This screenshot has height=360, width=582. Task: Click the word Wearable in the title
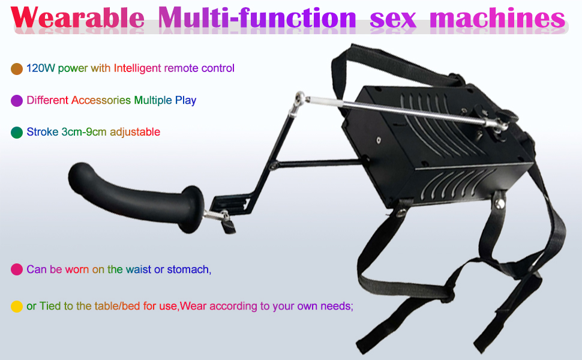point(77,17)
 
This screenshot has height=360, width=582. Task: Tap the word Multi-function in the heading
point(257,17)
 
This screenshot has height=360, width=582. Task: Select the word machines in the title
point(497,18)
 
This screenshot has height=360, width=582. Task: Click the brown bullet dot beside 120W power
point(17,68)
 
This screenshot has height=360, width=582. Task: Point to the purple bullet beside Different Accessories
point(17,101)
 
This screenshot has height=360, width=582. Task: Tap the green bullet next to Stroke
point(17,133)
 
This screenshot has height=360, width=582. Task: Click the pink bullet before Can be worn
point(17,269)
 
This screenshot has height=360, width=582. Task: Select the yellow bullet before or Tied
point(17,307)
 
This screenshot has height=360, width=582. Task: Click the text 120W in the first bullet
point(40,68)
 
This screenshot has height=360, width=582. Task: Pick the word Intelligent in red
point(137,68)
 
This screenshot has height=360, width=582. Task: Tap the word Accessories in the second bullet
point(101,100)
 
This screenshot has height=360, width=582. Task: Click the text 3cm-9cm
point(84,132)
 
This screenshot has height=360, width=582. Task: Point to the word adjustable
point(135,133)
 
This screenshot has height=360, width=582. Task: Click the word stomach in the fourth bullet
point(189,269)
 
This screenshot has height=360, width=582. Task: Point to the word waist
point(139,269)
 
